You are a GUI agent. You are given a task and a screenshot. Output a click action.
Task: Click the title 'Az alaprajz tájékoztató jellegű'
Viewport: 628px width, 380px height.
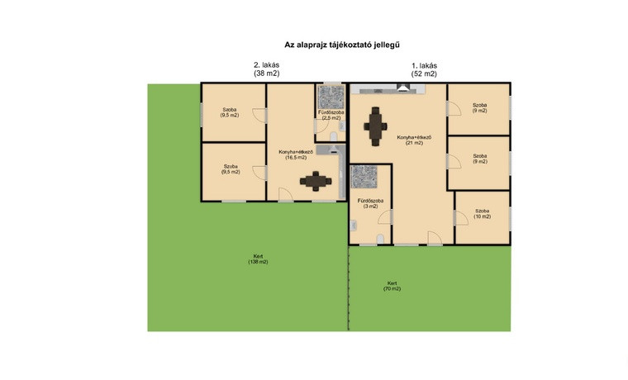click(342, 45)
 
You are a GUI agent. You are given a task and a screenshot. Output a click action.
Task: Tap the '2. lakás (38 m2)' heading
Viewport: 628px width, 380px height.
click(267, 69)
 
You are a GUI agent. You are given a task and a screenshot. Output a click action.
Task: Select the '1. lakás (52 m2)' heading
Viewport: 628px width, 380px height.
click(424, 69)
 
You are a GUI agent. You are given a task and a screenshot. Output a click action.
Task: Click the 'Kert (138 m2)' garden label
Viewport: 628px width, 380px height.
click(258, 259)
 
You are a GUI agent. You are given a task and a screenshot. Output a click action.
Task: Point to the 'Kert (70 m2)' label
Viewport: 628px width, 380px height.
click(392, 286)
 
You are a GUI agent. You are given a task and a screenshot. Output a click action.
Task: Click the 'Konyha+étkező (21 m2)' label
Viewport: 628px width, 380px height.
click(414, 140)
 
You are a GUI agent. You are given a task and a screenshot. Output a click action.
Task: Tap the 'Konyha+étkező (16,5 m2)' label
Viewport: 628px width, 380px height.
click(296, 154)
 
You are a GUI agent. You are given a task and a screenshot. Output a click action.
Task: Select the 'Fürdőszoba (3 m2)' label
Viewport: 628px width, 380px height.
click(370, 203)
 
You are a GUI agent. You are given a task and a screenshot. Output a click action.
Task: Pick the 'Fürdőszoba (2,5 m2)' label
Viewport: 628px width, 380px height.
click(331, 116)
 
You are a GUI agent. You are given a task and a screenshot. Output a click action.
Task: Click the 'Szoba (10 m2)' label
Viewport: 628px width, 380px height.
click(483, 213)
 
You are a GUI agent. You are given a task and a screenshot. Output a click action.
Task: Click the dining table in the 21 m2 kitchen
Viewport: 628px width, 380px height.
click(375, 126)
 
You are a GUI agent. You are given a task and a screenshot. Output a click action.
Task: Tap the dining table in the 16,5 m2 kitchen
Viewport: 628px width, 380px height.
click(316, 181)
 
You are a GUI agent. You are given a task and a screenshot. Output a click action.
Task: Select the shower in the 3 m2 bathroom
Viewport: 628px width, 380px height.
click(364, 177)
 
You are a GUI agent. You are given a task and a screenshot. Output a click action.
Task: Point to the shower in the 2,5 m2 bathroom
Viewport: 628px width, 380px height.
click(331, 97)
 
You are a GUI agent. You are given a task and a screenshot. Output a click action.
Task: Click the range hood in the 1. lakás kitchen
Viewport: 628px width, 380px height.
click(403, 88)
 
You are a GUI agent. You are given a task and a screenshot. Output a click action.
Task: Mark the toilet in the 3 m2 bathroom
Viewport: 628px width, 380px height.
click(380, 239)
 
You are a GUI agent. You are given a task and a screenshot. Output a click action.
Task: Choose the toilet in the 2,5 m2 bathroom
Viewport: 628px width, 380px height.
click(334, 136)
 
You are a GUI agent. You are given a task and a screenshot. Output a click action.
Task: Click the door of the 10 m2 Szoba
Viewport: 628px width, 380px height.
click(461, 218)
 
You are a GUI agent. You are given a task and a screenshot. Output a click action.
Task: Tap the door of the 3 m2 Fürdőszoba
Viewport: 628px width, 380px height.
click(384, 216)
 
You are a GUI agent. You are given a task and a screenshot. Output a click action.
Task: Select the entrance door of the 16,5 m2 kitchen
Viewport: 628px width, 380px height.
click(286, 194)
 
